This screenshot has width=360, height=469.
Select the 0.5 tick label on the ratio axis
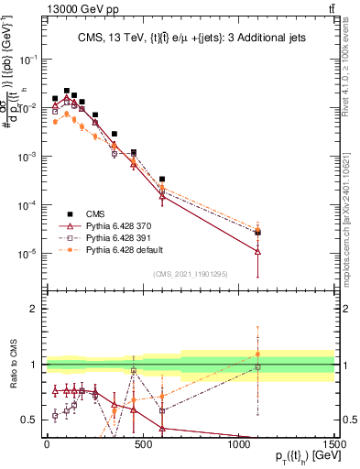coord(30,420)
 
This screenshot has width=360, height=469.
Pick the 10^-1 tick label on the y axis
coord(27,58)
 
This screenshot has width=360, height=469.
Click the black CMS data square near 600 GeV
coord(162,180)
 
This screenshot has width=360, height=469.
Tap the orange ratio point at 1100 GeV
coord(257,354)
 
